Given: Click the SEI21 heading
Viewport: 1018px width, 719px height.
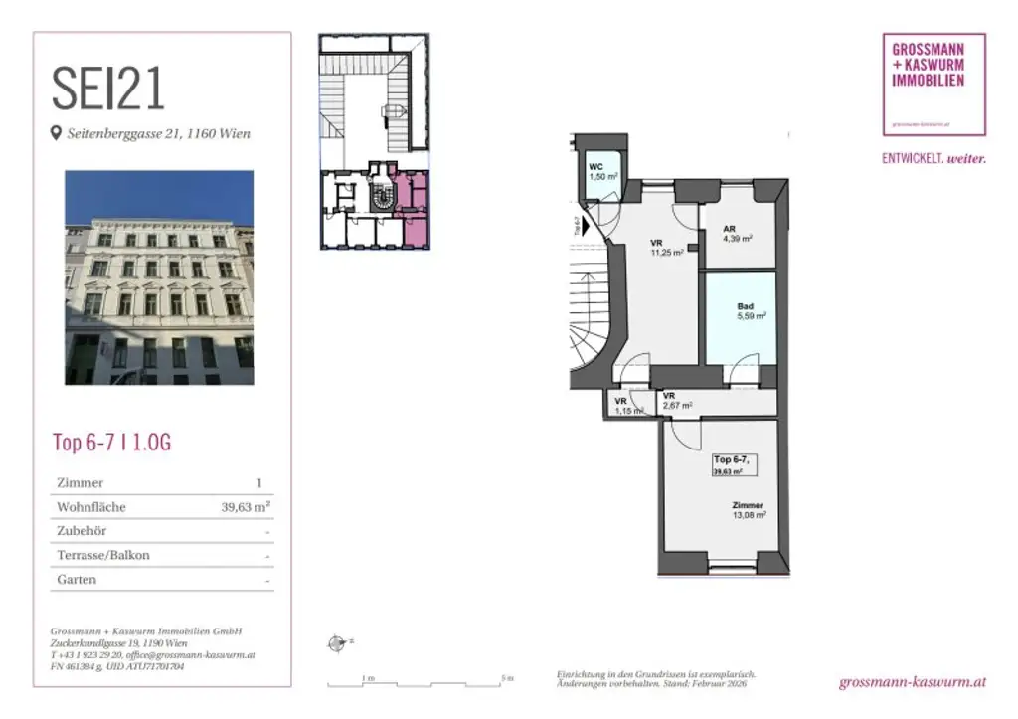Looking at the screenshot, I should [108, 90].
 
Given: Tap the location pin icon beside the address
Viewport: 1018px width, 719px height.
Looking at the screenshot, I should [56, 133].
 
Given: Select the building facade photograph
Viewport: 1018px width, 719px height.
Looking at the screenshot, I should [159, 277].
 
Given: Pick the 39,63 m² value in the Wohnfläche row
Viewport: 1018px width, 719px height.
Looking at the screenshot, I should [246, 507].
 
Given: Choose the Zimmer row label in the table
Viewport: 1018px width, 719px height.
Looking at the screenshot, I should [81, 483].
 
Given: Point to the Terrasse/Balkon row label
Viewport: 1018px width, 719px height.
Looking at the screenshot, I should [103, 555].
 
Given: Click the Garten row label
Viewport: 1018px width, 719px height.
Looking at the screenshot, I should [78, 579].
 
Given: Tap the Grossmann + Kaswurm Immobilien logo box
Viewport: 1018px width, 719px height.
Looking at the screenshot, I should [933, 84].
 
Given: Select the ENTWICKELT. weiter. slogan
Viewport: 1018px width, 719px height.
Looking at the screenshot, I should [933, 158].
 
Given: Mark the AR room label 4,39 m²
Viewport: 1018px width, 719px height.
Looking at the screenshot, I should [736, 233].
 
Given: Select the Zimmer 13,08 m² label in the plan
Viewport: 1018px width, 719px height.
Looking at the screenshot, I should [750, 510].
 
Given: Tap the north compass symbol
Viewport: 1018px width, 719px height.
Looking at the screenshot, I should [336, 643].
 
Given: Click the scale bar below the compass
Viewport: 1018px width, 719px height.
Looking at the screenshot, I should [418, 683].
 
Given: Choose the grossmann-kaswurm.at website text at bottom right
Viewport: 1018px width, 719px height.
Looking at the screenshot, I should [912, 682].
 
